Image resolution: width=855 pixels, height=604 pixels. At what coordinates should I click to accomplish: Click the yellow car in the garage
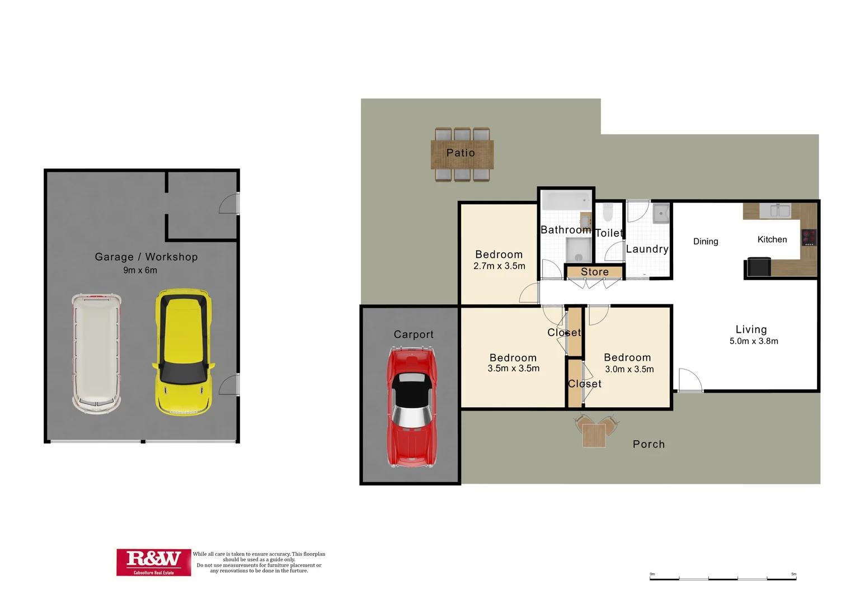(x=183, y=352)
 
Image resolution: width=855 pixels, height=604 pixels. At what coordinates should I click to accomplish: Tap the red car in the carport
(x=411, y=407)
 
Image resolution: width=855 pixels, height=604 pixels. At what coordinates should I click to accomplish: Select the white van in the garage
(x=96, y=353)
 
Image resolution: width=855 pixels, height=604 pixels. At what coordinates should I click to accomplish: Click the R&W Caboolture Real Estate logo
(x=153, y=561)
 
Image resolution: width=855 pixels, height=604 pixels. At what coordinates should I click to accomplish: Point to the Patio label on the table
(x=461, y=153)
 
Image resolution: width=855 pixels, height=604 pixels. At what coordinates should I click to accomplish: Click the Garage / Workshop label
(x=146, y=257)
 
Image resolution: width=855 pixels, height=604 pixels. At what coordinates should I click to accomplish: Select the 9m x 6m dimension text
(x=140, y=270)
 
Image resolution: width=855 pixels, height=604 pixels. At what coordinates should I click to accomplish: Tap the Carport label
(x=414, y=334)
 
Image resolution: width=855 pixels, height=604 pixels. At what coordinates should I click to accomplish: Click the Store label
(x=594, y=272)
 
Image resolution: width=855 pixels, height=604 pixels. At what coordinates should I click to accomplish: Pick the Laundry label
(x=647, y=249)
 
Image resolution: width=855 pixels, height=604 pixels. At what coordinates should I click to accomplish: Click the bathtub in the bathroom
(x=566, y=201)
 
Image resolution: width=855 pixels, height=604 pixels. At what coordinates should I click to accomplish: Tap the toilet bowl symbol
(x=608, y=213)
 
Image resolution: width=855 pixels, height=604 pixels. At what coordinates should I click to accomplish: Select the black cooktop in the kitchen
(x=809, y=237)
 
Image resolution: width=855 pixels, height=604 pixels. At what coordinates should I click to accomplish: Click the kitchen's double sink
(x=780, y=211)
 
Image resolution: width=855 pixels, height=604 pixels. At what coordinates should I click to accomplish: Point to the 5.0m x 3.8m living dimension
(x=753, y=341)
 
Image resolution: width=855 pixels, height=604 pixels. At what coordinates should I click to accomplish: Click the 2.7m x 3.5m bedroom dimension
(x=499, y=266)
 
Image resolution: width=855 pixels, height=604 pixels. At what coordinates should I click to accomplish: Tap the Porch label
(x=649, y=444)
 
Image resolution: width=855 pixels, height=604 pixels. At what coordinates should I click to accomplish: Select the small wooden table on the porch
(x=594, y=435)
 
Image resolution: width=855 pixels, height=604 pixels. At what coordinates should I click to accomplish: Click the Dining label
(x=705, y=242)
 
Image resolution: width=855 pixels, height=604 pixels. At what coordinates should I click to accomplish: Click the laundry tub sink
(x=661, y=214)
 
